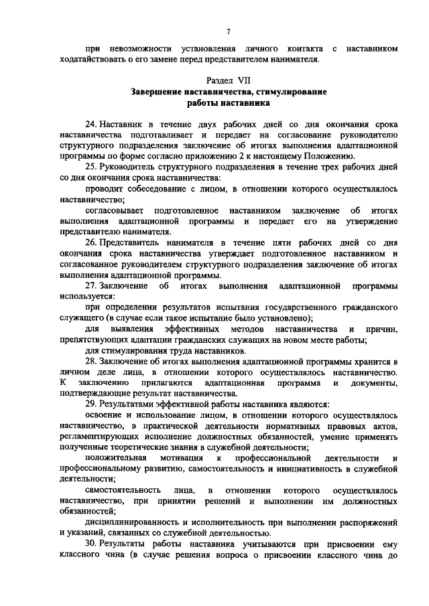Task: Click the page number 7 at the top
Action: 228,31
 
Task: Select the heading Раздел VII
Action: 228,79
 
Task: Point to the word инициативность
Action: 311,469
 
